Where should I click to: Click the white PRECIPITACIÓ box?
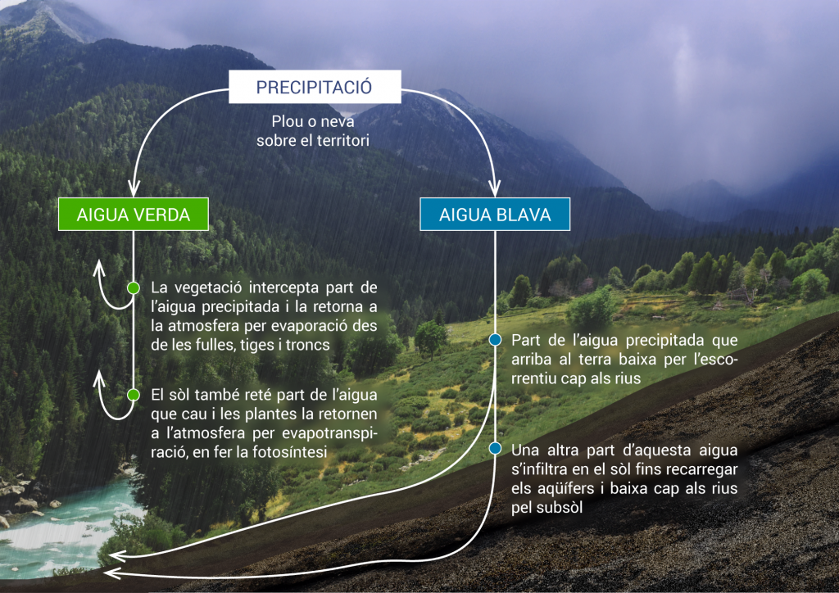click(314, 87)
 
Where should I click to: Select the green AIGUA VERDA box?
click(134, 215)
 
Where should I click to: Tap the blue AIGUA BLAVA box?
click(494, 215)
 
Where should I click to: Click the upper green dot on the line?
click(134, 287)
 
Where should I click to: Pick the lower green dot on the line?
click(134, 395)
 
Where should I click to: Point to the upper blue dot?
click(495, 339)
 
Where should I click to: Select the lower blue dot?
click(495, 449)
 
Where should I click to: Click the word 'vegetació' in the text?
click(209, 288)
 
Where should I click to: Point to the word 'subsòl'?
click(557, 509)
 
